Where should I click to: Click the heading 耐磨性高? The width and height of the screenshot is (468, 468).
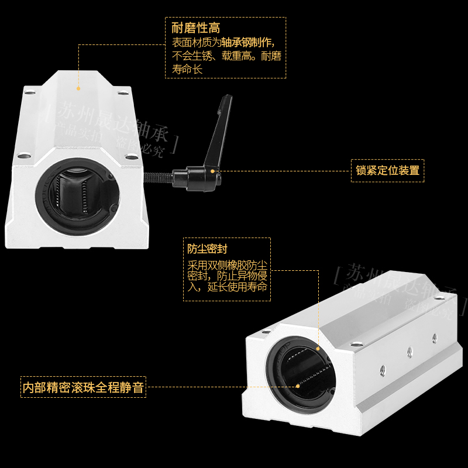pyautogui.click(x=196, y=28)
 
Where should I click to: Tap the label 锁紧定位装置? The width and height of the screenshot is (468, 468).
pyautogui.click(x=387, y=171)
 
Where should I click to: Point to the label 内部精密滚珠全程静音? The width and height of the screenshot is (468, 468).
pyautogui.click(x=83, y=387)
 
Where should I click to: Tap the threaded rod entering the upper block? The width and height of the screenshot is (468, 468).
pyautogui.click(x=158, y=174)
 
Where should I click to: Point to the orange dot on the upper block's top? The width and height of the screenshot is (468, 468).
pyautogui.click(x=78, y=88)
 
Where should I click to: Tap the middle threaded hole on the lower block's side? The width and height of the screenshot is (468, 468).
pyautogui.click(x=409, y=352)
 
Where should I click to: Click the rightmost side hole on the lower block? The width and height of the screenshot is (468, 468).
pyautogui.click(x=434, y=336)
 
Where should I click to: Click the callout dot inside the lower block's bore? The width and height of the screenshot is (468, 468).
pyautogui.click(x=298, y=385)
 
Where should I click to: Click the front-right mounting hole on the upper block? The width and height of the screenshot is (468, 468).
pyautogui.click(x=129, y=156)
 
